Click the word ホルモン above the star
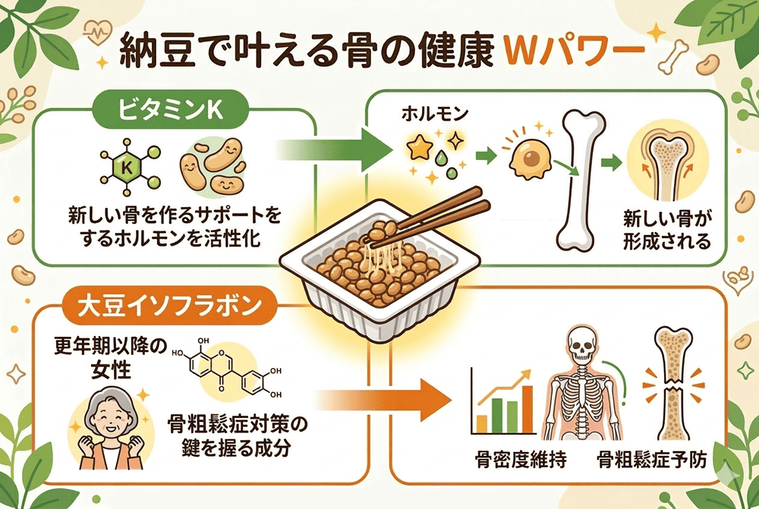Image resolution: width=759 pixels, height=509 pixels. coord(430,117)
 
